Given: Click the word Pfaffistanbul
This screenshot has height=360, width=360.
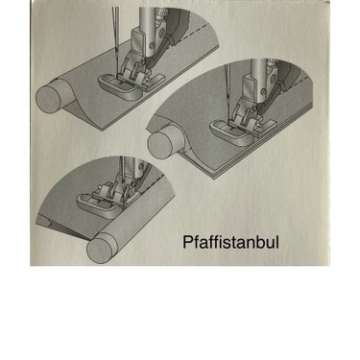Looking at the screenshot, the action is coord(230,242).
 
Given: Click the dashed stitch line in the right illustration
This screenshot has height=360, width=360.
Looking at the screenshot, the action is coord(297,84).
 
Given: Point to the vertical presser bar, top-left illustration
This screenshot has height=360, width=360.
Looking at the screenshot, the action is coord(147,21).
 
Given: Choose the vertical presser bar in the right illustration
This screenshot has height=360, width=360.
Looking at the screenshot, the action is coord(258,69).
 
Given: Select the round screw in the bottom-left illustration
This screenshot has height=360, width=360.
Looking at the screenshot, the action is coord(140,167).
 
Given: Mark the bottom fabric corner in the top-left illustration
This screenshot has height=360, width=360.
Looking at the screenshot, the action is coord(103,130).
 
